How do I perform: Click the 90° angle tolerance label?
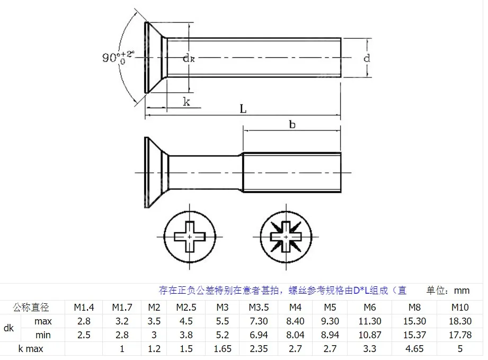[118, 57]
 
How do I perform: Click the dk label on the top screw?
[189, 58]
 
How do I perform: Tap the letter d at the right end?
[367, 58]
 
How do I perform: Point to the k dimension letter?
[186, 101]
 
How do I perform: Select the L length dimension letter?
[243, 109]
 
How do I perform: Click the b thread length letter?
[292, 125]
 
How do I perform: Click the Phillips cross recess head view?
[190, 236]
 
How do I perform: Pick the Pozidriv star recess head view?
[286, 237]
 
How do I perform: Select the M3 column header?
[222, 308]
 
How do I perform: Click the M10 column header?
[460, 308]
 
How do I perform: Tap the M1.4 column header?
[84, 308]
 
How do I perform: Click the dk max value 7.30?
[259, 321]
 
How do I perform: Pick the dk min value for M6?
[370, 335]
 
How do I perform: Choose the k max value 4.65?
[414, 348]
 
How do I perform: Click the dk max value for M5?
[330, 321]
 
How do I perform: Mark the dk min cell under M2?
[154, 335]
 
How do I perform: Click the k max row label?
[31, 349]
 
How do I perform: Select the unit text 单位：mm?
[448, 291]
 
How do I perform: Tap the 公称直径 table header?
[31, 308]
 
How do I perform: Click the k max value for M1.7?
[122, 348]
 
